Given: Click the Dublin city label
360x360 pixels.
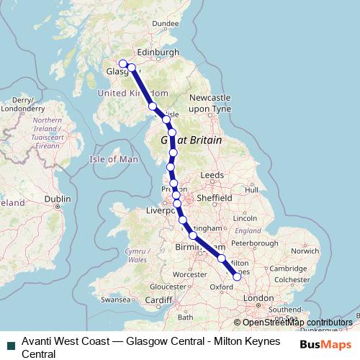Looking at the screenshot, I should click(58, 199).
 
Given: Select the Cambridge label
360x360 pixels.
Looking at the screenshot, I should click(283, 268).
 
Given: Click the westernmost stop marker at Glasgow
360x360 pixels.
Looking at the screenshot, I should click(123, 63).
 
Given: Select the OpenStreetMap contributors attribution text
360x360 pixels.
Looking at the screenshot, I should click(297, 322).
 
